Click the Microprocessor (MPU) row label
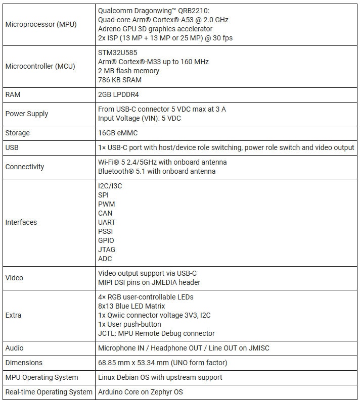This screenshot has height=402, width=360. (41, 24)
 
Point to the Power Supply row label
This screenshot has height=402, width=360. (27, 114)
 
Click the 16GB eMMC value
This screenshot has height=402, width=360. (118, 133)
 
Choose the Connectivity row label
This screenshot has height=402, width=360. (25, 167)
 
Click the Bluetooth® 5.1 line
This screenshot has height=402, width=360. (157, 171)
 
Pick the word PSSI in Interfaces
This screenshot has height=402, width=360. (106, 231)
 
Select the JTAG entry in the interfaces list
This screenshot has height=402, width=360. (107, 249)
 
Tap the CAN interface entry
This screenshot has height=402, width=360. (105, 213)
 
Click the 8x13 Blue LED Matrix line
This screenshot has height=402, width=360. (131, 306)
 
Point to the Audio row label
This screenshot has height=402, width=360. (14, 348)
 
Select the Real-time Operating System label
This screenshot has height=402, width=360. (49, 392)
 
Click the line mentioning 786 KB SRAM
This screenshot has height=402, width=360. (120, 80)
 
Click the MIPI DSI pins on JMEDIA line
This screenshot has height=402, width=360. (149, 282)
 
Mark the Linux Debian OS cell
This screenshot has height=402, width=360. (160, 377)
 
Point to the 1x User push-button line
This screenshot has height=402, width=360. (129, 324)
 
